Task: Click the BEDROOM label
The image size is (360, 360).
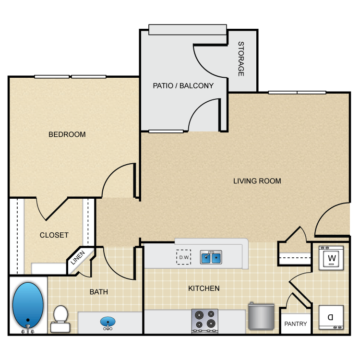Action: pyautogui.click(x=67, y=134)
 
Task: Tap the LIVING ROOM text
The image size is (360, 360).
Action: pyautogui.click(x=257, y=181)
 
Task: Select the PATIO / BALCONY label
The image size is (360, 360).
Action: pyautogui.click(x=183, y=86)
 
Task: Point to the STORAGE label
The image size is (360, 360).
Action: pyautogui.click(x=241, y=59)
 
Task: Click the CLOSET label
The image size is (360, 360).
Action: pyautogui.click(x=54, y=235)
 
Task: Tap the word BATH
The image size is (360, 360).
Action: pyautogui.click(x=98, y=291)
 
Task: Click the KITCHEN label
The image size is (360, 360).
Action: pyautogui.click(x=204, y=288)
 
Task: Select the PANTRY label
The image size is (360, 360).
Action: pyautogui.click(x=296, y=324)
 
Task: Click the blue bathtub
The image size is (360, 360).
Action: pyautogui.click(x=28, y=304)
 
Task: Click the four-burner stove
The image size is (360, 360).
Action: pyautogui.click(x=205, y=320)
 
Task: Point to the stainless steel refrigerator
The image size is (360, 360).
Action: pyautogui.click(x=261, y=316)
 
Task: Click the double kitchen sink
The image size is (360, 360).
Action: pyautogui.click(x=211, y=258)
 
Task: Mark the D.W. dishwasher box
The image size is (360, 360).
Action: pyautogui.click(x=183, y=257)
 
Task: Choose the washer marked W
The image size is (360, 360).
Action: pyautogui.click(x=331, y=258)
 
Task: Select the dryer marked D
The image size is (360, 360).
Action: pyautogui.click(x=331, y=317)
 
